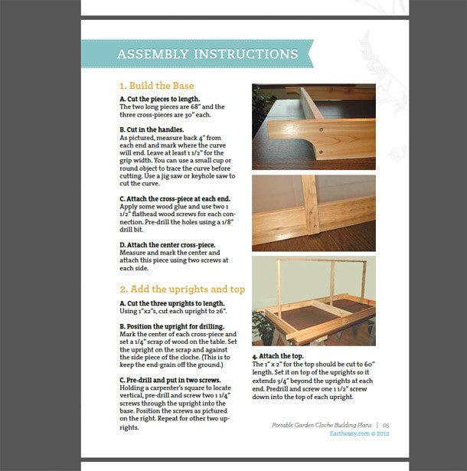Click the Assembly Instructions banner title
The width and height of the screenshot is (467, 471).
click(207, 54)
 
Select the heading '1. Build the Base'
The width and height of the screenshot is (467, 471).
click(156, 86)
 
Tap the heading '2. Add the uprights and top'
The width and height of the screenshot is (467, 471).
click(181, 289)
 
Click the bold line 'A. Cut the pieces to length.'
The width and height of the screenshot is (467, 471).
click(159, 100)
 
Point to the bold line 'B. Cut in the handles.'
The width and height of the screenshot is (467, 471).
click(151, 129)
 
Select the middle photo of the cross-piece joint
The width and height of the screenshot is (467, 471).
click(313, 213)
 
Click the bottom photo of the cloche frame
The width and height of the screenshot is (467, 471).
click(313, 302)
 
